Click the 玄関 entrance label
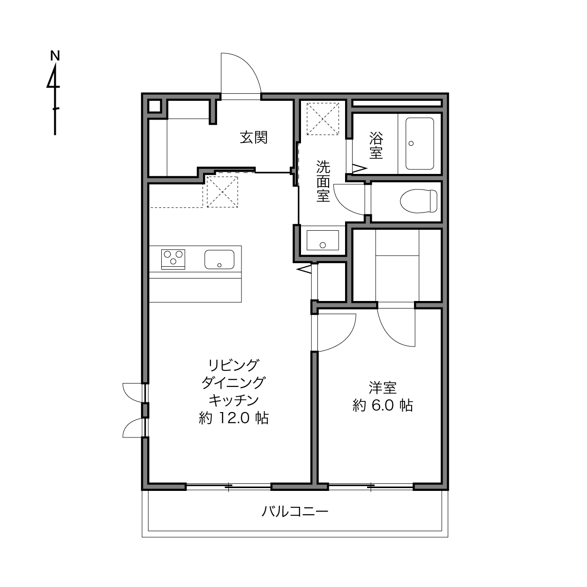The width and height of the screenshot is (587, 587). tap(254, 137)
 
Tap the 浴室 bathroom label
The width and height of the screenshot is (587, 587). tap(376, 145)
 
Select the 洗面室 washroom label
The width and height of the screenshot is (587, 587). tap(323, 181)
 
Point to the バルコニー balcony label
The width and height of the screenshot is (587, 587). tap(295, 512)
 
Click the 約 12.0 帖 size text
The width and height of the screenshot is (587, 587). tap(233, 418)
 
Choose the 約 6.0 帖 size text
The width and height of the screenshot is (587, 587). tap(383, 406)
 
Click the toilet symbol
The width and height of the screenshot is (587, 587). tap(419, 201)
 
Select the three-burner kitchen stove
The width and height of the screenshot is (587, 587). tap(173, 259)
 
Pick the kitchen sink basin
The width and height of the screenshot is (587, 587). tap(219, 260)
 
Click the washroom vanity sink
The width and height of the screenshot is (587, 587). tap(323, 240)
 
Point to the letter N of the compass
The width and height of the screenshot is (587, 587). tap(55, 56)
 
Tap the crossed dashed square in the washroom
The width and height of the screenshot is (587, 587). tap(323, 119)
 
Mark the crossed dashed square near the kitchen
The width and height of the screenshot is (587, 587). tap(222, 192)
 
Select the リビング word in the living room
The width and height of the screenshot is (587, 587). tap(233, 365)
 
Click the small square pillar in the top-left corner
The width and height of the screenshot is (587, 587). tap(154, 106)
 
